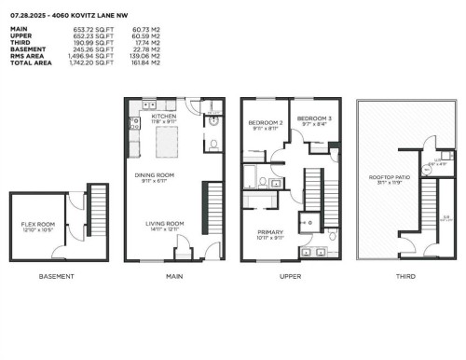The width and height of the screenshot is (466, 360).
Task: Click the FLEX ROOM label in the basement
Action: [37, 225]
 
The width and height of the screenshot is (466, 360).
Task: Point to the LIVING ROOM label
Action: [164, 223]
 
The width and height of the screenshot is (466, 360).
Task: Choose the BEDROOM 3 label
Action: [311, 118]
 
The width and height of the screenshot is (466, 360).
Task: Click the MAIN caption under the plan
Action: [173, 276]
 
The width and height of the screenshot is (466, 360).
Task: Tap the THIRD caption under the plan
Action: [404, 276]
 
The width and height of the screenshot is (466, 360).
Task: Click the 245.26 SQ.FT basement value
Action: [86, 50]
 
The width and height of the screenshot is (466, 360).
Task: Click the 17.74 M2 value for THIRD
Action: [146, 44]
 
